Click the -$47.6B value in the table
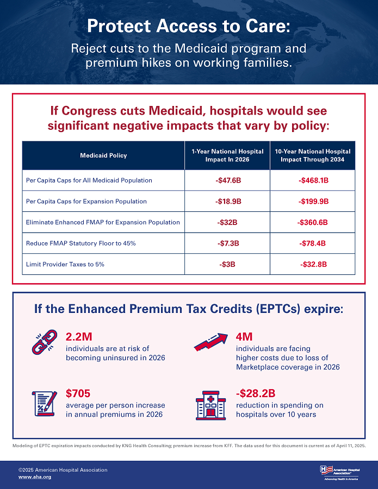pos(227,180)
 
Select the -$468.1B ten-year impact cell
pos(313,180)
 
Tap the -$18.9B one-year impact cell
pos(227,202)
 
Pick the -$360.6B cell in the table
pos(313,222)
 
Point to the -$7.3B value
pos(227,243)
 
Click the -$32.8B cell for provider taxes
pos(313,265)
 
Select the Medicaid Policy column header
pos(103,155)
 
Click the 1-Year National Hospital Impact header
pos(227,155)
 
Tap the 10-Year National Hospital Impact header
pos(313,155)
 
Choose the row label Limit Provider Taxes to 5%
pos(65,265)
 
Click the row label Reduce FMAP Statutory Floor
pos(80,243)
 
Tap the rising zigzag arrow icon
pos(210,343)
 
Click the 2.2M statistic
pos(78,336)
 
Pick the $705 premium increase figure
pos(78,393)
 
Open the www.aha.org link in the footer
pos(35,477)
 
